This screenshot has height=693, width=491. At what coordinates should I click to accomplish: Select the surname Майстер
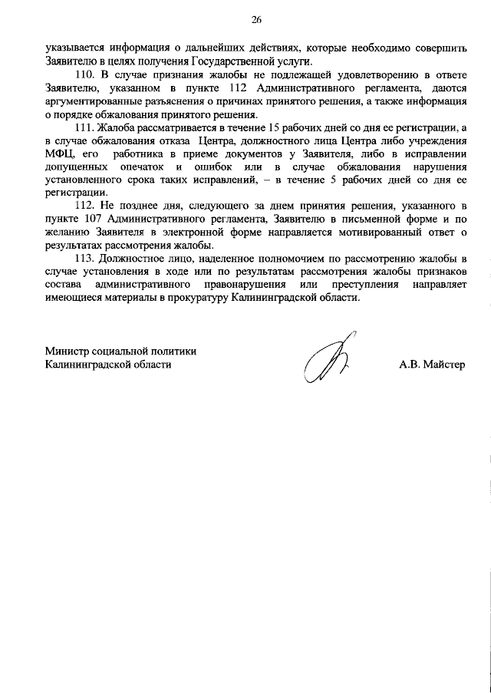pyautogui.click(x=443, y=365)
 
